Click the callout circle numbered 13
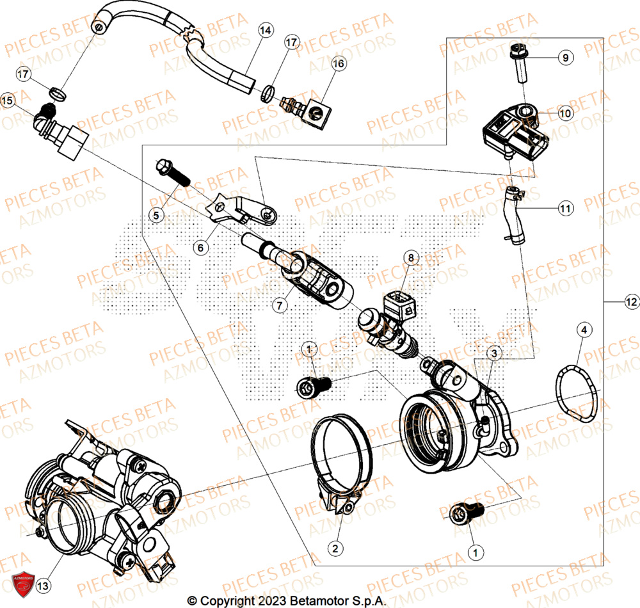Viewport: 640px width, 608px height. (x=42, y=584)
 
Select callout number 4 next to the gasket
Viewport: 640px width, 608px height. (x=582, y=330)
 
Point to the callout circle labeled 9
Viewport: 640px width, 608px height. (x=564, y=58)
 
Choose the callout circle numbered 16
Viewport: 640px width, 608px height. (x=338, y=63)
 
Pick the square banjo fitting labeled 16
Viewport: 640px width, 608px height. (x=316, y=111)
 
